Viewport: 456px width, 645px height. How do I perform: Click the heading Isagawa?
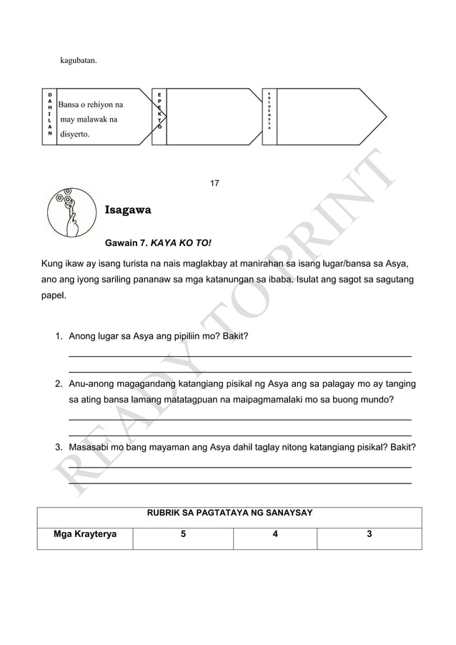(x=128, y=211)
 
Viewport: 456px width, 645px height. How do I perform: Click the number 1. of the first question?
(x=59, y=336)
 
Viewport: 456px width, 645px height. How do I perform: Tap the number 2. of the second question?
(x=59, y=385)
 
